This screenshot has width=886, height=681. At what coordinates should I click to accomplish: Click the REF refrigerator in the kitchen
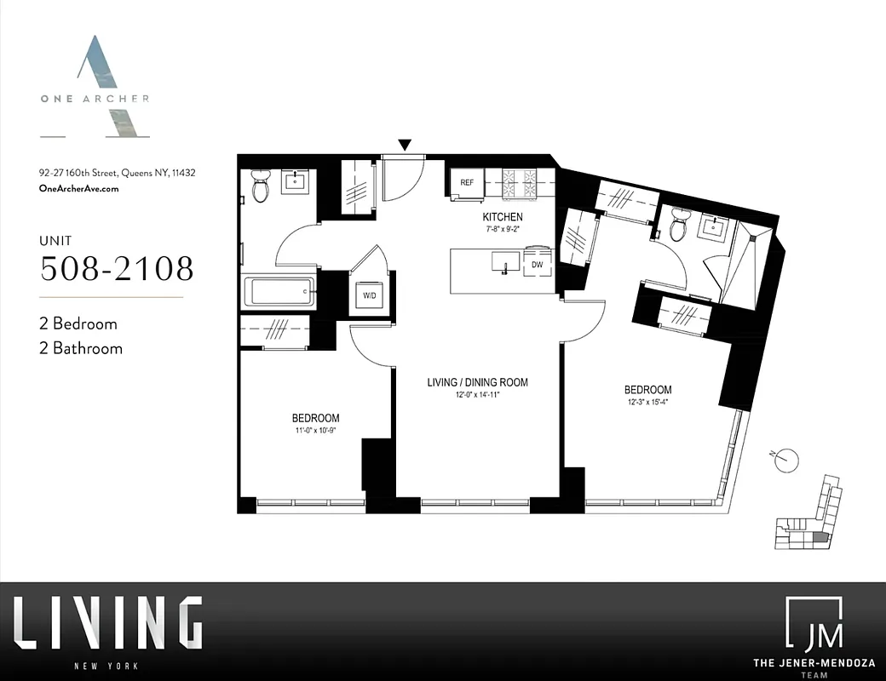point(467,182)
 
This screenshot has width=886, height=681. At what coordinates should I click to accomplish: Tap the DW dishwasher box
point(538,264)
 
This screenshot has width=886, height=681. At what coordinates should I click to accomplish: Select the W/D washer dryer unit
point(370,296)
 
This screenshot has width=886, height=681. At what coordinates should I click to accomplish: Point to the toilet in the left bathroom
point(261,187)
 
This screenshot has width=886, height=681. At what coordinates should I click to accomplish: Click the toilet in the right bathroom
point(679,226)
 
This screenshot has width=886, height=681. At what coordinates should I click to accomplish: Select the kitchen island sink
point(506,265)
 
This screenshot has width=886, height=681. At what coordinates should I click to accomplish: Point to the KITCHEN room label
point(502,218)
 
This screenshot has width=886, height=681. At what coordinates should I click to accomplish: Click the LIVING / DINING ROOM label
point(477,382)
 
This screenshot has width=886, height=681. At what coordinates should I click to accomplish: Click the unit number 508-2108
point(118,268)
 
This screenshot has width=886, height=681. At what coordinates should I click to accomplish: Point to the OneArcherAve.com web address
point(79,189)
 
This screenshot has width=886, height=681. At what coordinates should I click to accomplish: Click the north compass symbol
point(788,459)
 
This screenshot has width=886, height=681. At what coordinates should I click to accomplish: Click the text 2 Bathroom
point(81,347)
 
